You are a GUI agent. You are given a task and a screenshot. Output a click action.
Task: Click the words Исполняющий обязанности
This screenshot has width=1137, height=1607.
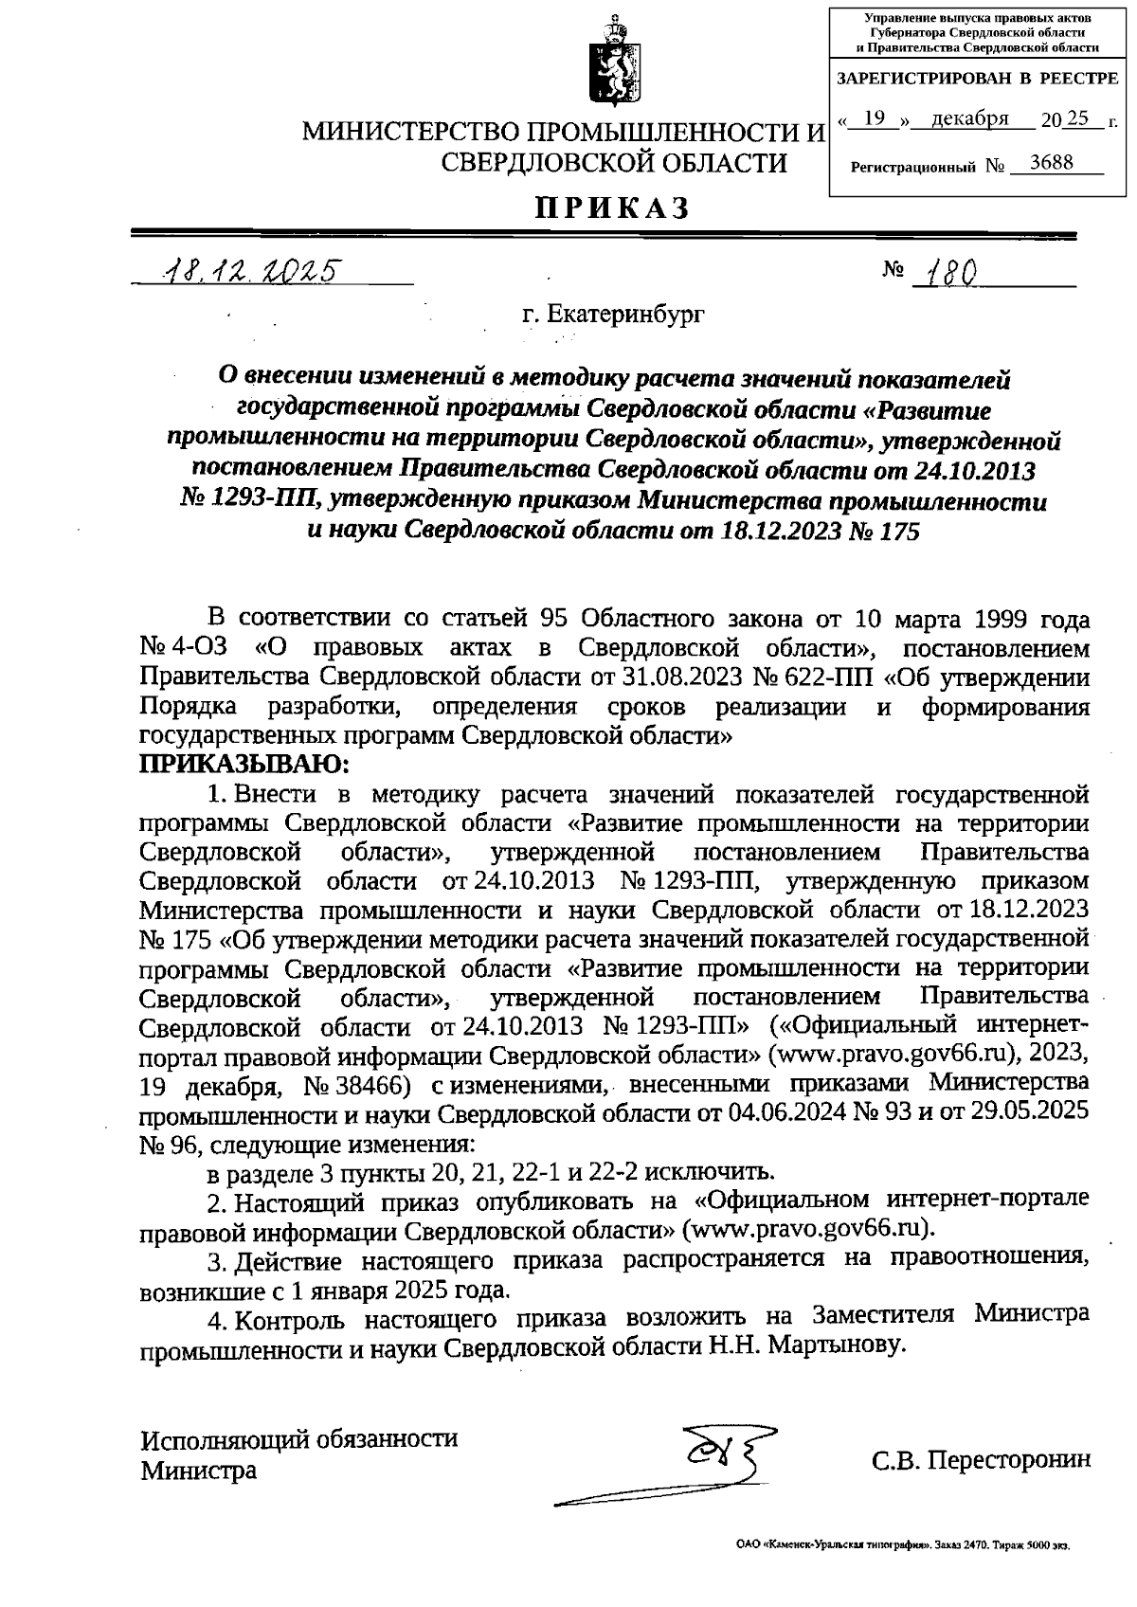(x=299, y=1439)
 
